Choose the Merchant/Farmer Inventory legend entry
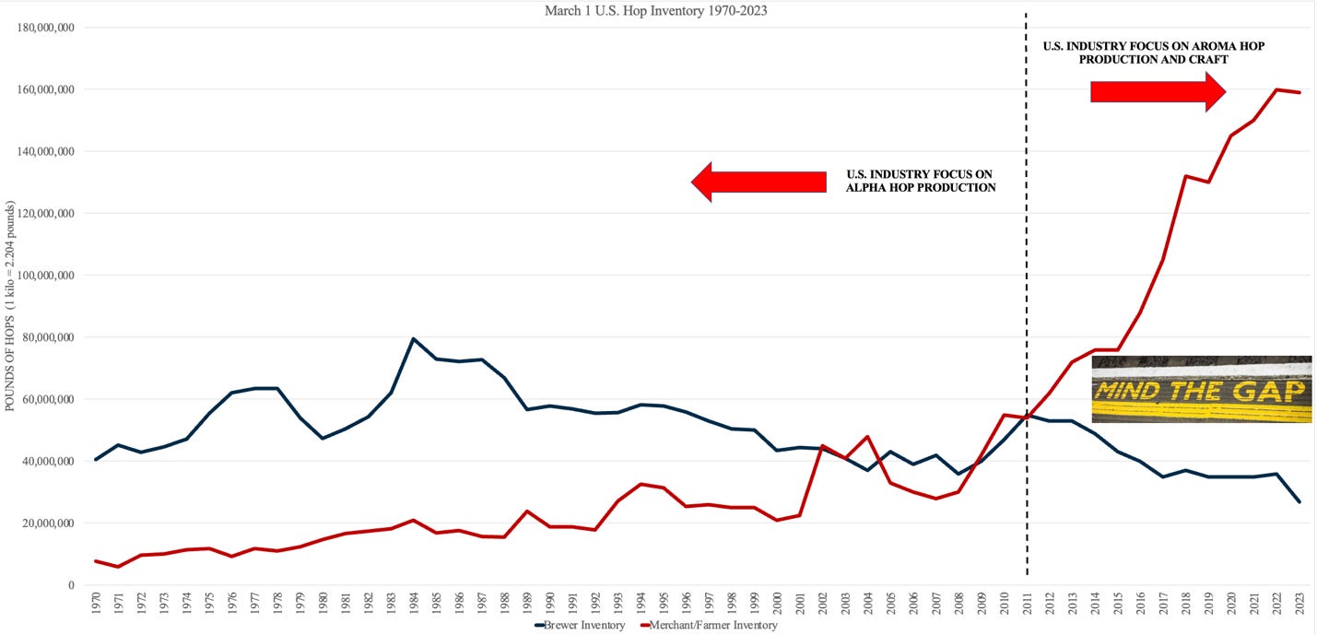tap(710, 626)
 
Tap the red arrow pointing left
tap(758, 182)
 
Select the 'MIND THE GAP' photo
tap(1201, 389)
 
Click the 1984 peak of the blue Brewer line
tap(413, 338)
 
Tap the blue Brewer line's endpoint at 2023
tap(1299, 501)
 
